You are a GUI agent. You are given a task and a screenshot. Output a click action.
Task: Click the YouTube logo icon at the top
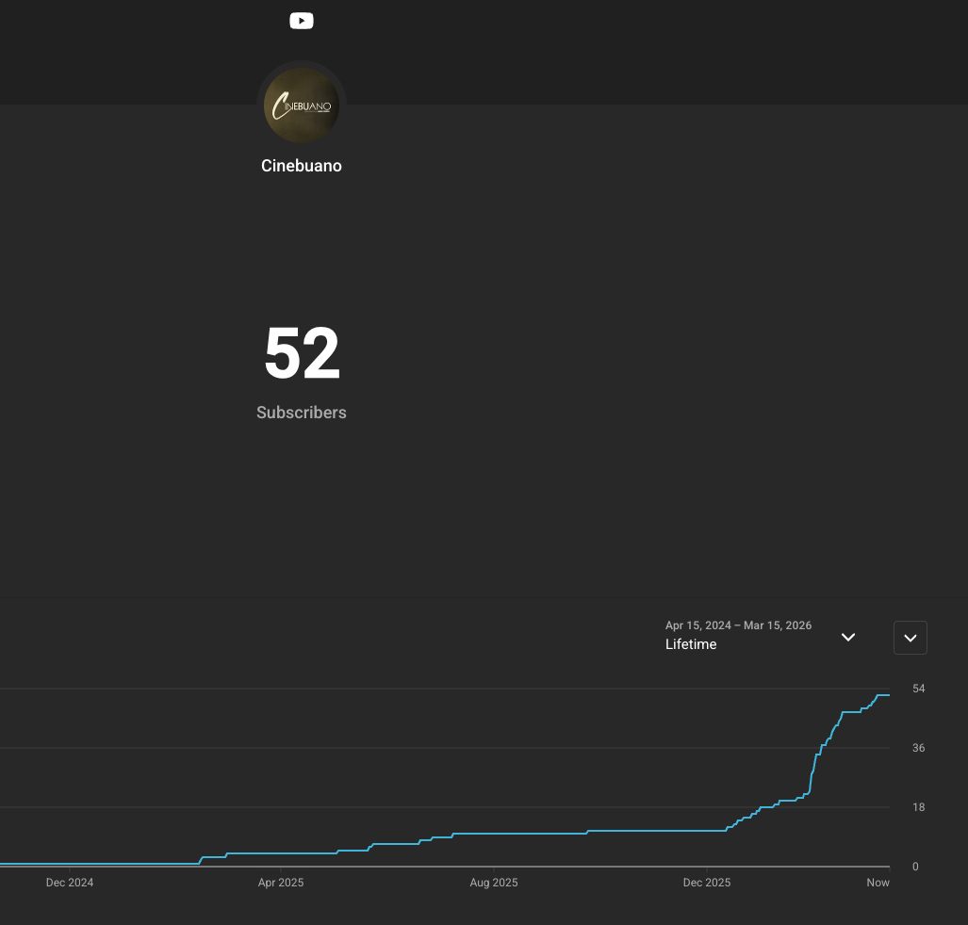click(302, 21)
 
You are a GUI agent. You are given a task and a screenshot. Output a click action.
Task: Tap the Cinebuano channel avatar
click(302, 105)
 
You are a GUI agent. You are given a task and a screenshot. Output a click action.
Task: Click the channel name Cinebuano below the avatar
click(302, 166)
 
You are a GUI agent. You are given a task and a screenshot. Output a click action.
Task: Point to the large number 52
click(302, 353)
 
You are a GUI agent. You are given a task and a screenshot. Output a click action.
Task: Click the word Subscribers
click(302, 413)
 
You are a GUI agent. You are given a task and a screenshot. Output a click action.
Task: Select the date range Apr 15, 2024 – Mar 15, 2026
click(738, 625)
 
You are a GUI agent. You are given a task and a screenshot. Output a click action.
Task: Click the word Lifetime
click(691, 644)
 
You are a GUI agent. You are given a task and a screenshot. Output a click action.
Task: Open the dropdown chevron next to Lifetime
click(848, 638)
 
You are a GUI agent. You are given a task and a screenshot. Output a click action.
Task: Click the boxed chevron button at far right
click(911, 638)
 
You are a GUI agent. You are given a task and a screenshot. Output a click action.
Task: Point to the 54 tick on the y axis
click(919, 689)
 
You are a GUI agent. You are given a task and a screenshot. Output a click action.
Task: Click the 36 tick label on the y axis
click(919, 748)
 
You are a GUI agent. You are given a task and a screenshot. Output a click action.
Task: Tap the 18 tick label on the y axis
click(919, 807)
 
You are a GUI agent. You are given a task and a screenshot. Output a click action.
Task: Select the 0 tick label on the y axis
click(915, 867)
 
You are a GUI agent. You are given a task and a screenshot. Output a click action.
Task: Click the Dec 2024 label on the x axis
click(70, 883)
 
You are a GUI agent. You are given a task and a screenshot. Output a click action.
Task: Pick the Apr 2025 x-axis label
click(281, 883)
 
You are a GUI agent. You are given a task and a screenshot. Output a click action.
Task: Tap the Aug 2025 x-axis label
click(494, 883)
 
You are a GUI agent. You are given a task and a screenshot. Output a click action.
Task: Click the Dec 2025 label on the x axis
click(707, 883)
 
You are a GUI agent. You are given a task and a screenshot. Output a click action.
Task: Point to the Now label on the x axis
click(878, 883)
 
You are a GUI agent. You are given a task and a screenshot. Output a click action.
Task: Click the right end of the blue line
click(890, 695)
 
